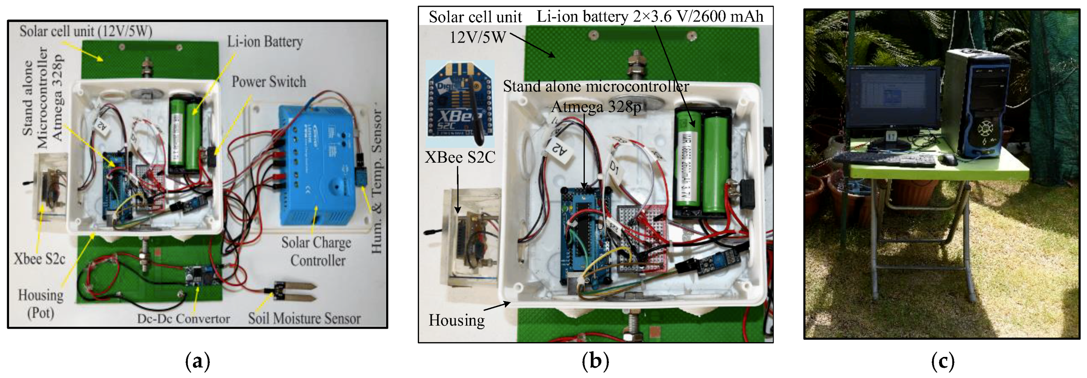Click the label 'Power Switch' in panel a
(x=269, y=81)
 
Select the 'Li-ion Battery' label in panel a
(x=265, y=42)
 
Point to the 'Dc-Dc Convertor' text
(x=183, y=319)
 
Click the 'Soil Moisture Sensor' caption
(x=304, y=319)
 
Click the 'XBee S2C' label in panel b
(x=460, y=157)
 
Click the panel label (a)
(x=197, y=361)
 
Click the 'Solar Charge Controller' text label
(x=316, y=251)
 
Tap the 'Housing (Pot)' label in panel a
(x=41, y=304)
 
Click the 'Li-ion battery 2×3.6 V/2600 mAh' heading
(x=650, y=17)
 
